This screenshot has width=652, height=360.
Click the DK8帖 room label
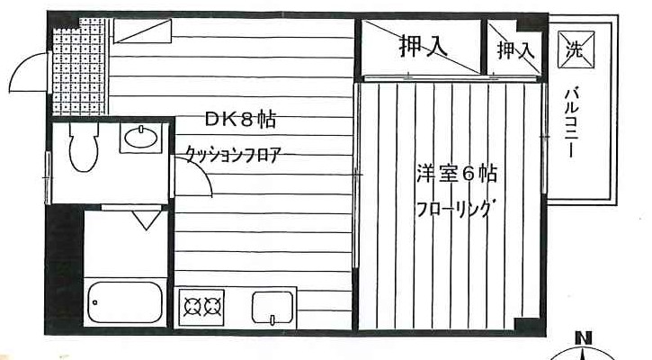[240, 119]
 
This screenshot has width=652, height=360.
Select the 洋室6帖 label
[457, 174]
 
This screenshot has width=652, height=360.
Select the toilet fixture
[83, 148]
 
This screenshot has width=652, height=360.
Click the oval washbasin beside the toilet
[142, 138]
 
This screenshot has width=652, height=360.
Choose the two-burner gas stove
[201, 306]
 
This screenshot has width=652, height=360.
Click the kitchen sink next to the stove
[272, 308]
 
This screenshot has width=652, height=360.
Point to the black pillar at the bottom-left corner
[63, 319]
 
